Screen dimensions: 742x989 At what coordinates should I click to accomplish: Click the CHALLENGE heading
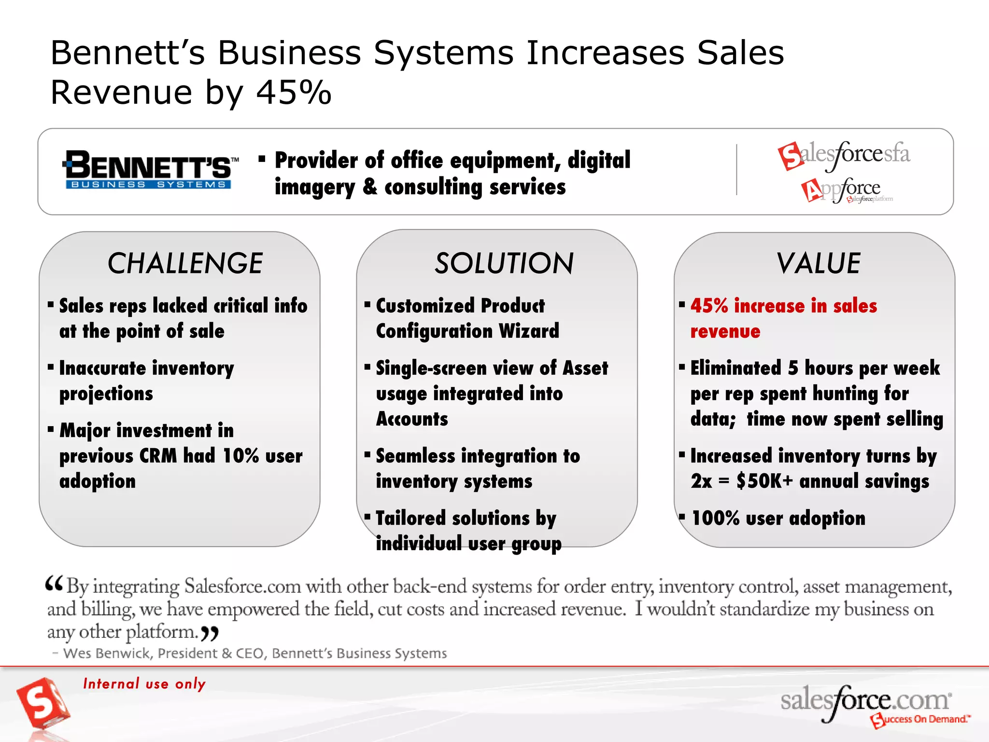point(185,264)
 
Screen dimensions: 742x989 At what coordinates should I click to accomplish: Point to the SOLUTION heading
point(504,264)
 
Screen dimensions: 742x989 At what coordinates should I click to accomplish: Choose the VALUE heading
point(819,264)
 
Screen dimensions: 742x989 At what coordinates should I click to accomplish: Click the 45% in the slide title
point(294,92)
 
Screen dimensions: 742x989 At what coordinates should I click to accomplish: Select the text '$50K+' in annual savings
point(764,482)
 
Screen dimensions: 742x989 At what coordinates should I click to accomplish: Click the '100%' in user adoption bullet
point(715,519)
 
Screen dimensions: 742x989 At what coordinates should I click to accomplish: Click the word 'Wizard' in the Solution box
point(529,331)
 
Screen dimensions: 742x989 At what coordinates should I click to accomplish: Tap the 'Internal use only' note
point(144,684)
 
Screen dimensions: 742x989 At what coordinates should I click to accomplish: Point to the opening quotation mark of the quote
point(54,584)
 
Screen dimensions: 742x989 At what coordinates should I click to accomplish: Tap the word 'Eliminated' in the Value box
point(735,369)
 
